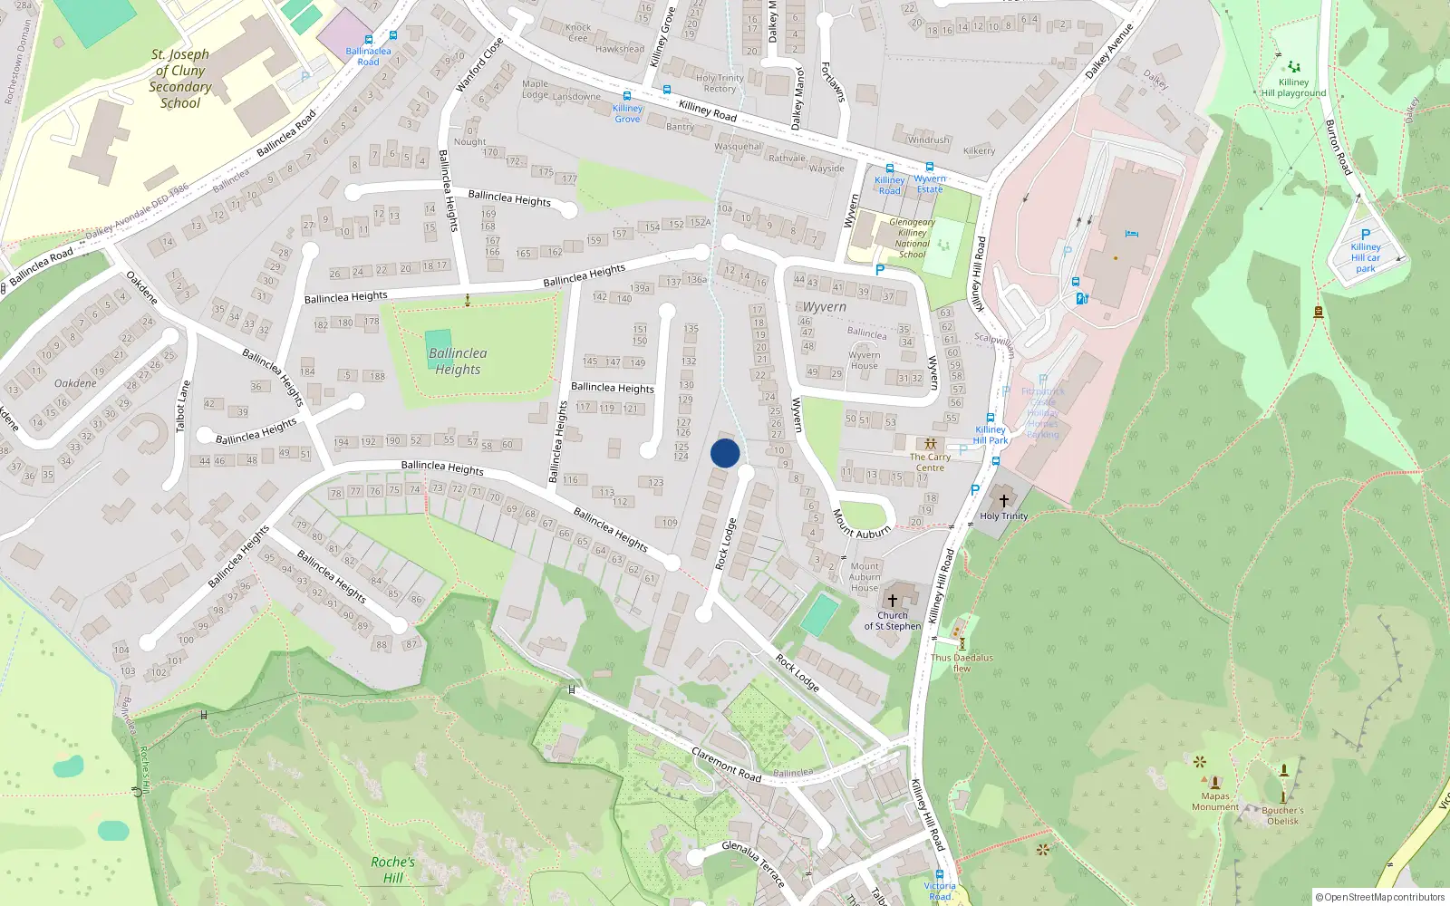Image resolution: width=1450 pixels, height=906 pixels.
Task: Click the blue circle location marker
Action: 725,453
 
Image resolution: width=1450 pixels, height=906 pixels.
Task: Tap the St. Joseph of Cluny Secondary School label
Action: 180,79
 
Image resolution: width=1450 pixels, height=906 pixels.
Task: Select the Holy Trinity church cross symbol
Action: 1003,500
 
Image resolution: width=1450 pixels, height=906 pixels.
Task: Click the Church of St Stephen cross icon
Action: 893,601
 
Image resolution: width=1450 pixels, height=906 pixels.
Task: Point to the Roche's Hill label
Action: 392,870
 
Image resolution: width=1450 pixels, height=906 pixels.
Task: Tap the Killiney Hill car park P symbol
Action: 1366,234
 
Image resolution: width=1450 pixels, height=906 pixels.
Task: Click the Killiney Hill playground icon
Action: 1294,66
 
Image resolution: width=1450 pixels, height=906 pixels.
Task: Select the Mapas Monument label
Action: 1215,802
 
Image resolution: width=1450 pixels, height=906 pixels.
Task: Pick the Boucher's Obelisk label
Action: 1282,815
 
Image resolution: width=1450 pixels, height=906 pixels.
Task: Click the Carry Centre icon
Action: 931,444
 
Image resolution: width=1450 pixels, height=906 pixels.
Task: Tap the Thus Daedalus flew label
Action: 962,663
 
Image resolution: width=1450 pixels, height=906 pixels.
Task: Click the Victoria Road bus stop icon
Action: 940,874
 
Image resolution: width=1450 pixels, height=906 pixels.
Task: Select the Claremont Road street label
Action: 726,764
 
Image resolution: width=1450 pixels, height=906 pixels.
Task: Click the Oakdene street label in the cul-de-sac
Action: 75,383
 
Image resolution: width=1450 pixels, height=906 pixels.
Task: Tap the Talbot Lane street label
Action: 183,406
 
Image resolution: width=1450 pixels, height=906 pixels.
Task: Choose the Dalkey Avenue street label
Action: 1109,51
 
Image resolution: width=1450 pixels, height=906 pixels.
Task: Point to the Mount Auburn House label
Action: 865,577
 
